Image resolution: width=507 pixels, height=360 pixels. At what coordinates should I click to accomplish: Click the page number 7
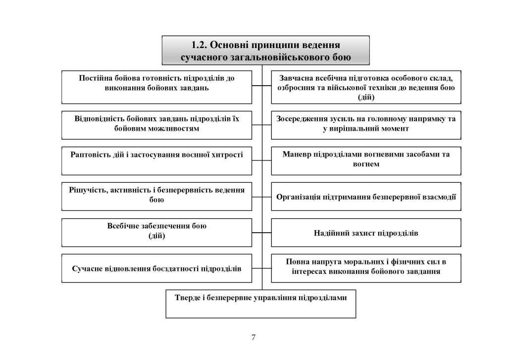coord(253,338)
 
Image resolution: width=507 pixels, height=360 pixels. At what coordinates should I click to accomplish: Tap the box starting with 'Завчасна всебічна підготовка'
coord(366,87)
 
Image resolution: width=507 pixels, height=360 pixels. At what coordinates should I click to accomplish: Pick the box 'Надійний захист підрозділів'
coord(366,233)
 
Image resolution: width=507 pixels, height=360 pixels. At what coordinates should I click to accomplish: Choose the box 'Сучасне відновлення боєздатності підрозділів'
coord(156,269)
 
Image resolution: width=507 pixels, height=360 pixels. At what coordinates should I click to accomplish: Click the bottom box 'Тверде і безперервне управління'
coord(260,303)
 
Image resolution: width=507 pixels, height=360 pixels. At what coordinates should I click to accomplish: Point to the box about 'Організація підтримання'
coord(366,197)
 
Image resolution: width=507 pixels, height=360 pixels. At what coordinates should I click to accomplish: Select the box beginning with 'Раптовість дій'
coord(156,160)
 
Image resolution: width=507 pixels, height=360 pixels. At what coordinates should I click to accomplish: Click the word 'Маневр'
coord(298,154)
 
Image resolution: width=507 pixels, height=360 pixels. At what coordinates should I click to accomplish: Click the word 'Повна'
coord(297,262)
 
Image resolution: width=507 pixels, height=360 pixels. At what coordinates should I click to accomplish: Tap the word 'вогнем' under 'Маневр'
coord(366,164)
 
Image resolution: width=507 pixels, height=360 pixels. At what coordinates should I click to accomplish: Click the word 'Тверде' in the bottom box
coord(188,298)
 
